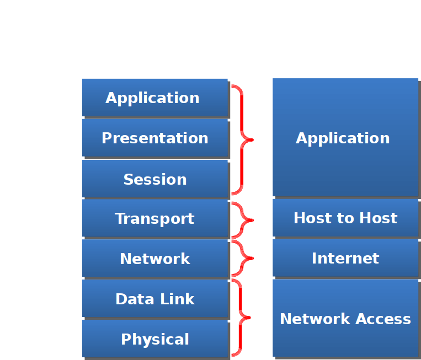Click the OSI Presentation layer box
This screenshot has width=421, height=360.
pos(154,138)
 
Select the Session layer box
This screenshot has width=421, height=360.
pos(154,179)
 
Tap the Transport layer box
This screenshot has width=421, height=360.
pos(154,218)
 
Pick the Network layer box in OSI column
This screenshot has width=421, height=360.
pos(154,258)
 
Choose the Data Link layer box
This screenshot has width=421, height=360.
pos(154,299)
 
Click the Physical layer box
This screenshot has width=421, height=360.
pos(154,338)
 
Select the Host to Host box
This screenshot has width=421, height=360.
pos(345,218)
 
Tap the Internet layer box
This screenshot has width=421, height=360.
pos(345,258)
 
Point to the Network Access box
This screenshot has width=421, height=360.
pos(345,318)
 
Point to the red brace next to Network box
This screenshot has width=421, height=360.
pos(243,258)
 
